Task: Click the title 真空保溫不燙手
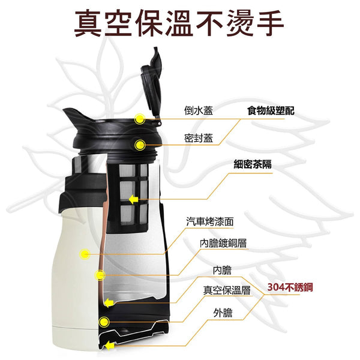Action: (x=179, y=23)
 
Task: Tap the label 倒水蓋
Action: (x=199, y=110)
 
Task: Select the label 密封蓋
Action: (x=199, y=138)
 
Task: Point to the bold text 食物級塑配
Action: (x=271, y=110)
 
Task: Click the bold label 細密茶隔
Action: (x=253, y=164)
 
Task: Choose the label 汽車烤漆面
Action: (x=210, y=221)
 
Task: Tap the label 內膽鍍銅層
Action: (x=223, y=243)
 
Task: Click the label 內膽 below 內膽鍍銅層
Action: (x=222, y=270)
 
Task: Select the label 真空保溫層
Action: (x=227, y=290)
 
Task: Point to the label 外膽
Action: (x=223, y=313)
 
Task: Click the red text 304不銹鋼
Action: (x=290, y=287)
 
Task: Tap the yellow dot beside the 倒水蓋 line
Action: (x=139, y=119)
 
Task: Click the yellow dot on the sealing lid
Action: (x=140, y=145)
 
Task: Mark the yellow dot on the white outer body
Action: (x=85, y=254)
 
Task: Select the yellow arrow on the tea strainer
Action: (x=133, y=200)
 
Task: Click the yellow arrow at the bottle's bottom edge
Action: (x=110, y=346)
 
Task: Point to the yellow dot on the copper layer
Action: (x=100, y=275)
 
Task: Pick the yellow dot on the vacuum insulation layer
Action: (x=104, y=322)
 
